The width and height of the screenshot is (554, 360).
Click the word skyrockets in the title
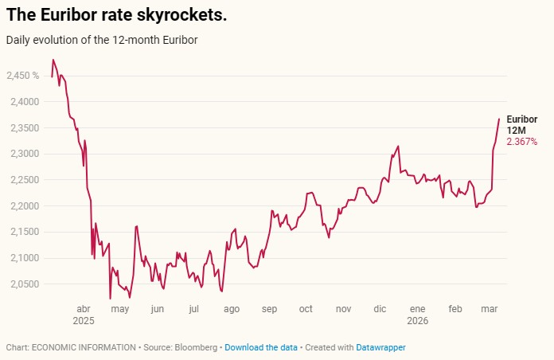[180, 16]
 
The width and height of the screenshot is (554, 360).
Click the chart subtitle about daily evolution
[102, 39]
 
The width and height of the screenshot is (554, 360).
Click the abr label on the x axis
[83, 308]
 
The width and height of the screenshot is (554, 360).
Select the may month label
[119, 308]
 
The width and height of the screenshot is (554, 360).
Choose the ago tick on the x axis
[232, 308]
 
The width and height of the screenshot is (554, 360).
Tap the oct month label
[306, 308]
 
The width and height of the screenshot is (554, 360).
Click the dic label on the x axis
[380, 308]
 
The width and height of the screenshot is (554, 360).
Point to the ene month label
[417, 308]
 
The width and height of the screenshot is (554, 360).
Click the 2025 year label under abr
[83, 320]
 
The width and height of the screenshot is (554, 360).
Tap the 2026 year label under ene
[417, 320]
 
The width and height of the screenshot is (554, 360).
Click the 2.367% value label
[522, 142]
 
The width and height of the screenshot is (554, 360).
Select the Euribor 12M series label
[521, 125]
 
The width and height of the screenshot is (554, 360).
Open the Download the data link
[261, 347]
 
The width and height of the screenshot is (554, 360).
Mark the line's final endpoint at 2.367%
[499, 119]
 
